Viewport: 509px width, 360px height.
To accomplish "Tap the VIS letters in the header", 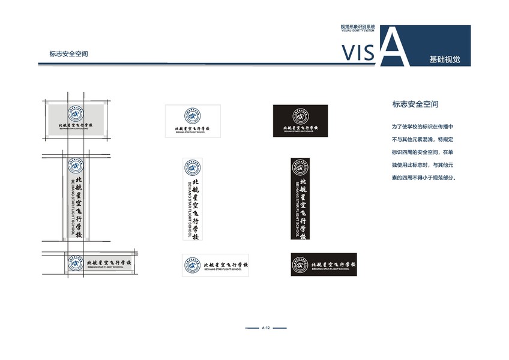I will (x=359, y=53).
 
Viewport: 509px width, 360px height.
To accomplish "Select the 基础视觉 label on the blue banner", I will (x=444, y=60).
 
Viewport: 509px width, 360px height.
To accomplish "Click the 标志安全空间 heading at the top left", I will (x=69, y=53).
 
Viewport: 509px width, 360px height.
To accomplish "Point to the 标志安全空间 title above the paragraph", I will (x=415, y=104).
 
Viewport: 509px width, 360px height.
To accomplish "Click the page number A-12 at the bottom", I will (x=267, y=328).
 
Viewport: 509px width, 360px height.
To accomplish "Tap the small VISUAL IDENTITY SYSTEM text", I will (x=358, y=31).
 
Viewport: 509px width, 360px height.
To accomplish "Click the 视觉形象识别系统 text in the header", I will (x=358, y=26).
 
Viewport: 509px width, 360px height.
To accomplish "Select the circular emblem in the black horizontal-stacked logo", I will (x=300, y=116).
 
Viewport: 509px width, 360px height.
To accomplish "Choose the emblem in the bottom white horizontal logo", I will (x=193, y=265).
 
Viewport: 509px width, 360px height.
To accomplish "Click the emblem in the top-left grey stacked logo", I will (x=75, y=115).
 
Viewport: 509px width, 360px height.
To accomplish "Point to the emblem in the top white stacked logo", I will (x=193, y=116).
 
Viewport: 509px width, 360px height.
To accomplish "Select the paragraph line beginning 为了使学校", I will (x=423, y=127).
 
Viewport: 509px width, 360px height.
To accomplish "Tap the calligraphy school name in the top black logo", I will (x=301, y=128).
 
